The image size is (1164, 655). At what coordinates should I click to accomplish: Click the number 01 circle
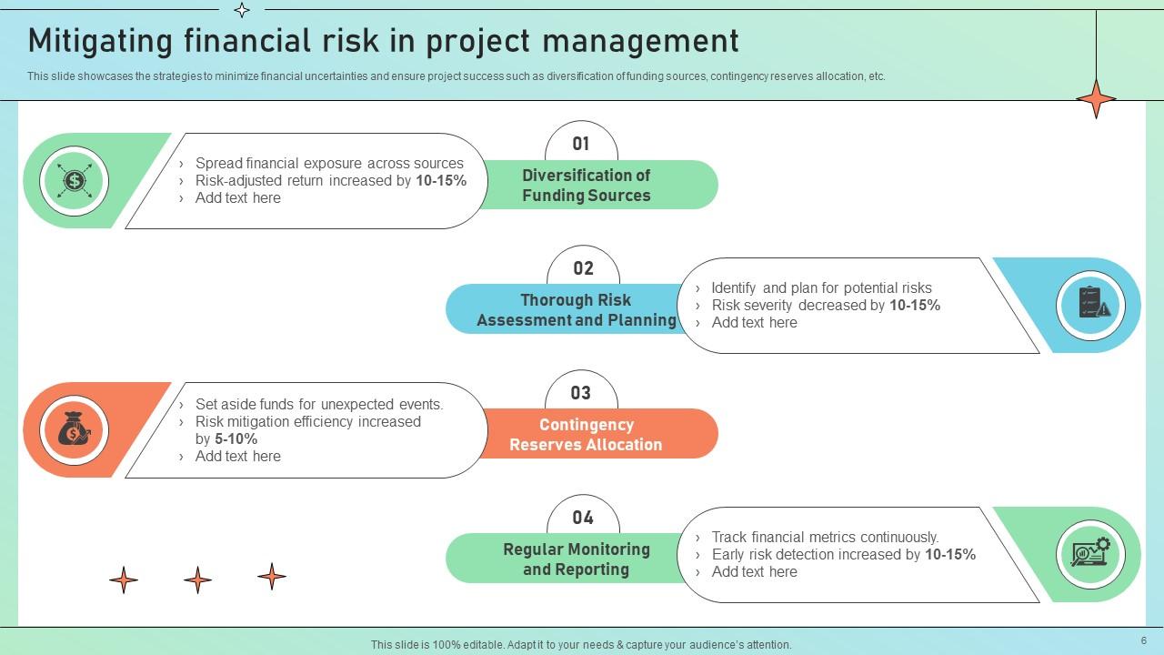click(581, 144)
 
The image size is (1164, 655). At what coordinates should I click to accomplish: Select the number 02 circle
click(583, 268)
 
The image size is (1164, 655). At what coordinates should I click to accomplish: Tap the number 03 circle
click(581, 393)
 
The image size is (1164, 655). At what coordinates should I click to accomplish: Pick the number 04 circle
click(583, 518)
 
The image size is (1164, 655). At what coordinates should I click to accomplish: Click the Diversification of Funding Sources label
click(587, 185)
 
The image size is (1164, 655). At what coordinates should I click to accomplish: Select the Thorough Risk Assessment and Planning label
click(576, 309)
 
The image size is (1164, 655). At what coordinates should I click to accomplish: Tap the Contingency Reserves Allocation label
click(587, 434)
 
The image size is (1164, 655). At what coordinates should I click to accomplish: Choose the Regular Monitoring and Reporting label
click(576, 559)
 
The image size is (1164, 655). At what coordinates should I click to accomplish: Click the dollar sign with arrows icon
click(74, 181)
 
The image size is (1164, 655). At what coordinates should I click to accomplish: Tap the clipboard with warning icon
click(1092, 305)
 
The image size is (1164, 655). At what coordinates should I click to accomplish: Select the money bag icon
click(74, 430)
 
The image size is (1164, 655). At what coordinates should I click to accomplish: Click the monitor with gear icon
click(1090, 553)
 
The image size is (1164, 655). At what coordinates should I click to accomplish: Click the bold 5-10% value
click(236, 438)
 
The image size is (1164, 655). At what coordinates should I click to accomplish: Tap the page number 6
click(1143, 640)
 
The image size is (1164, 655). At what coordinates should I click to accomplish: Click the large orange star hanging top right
click(1096, 98)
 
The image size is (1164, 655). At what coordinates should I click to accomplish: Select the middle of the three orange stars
click(197, 579)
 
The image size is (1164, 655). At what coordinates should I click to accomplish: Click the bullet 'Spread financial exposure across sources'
click(329, 164)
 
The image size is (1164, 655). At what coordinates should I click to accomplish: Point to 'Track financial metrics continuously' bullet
click(824, 538)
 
